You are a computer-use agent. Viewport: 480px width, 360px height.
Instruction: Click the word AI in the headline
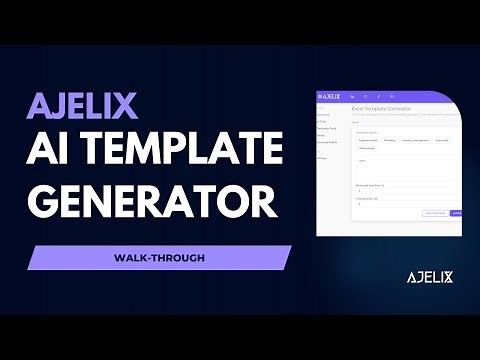pyautogui.click(x=59, y=149)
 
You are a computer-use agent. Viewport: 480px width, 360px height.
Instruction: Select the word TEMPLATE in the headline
pyautogui.click(x=185, y=149)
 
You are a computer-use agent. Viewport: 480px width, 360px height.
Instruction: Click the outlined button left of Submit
pyautogui.click(x=434, y=213)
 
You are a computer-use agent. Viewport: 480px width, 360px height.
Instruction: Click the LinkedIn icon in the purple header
pyautogui.click(x=354, y=96)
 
